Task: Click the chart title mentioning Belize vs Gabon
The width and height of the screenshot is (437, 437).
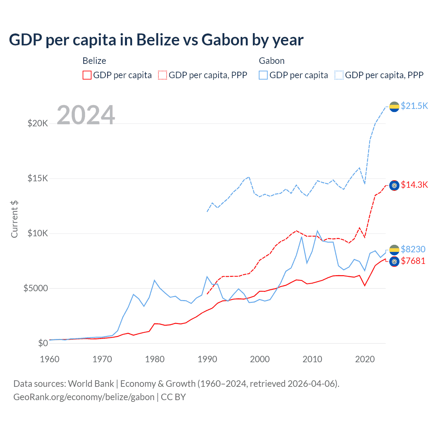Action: coord(156,40)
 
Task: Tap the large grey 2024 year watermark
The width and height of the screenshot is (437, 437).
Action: coord(86,115)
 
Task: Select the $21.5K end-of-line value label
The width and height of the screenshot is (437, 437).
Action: coord(414,106)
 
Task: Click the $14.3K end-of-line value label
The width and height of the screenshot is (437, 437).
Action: coord(414,185)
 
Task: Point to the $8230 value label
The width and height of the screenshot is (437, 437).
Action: coord(413,249)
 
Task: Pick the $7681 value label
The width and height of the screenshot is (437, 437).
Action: coord(413,261)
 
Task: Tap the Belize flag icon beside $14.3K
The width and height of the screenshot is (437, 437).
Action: coord(394,185)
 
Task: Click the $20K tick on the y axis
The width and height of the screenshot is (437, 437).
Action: coord(38,123)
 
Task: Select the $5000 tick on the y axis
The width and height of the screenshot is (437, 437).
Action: coord(36,288)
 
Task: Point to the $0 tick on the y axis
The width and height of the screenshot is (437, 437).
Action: coord(43,343)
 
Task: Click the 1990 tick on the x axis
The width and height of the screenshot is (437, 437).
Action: coord(207,359)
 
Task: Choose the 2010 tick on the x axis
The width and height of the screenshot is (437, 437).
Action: coord(312,359)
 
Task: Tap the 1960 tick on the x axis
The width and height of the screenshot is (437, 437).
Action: coord(50,359)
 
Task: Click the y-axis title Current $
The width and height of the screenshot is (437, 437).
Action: coord(14,219)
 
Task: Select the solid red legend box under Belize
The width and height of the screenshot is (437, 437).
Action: coord(87,75)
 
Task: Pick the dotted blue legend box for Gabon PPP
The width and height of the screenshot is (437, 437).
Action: coord(339,75)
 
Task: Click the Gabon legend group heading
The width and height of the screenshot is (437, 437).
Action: coord(271,61)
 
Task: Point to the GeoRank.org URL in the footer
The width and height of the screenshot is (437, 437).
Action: coord(84,397)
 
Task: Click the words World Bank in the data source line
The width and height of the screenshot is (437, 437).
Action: coord(91,384)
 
